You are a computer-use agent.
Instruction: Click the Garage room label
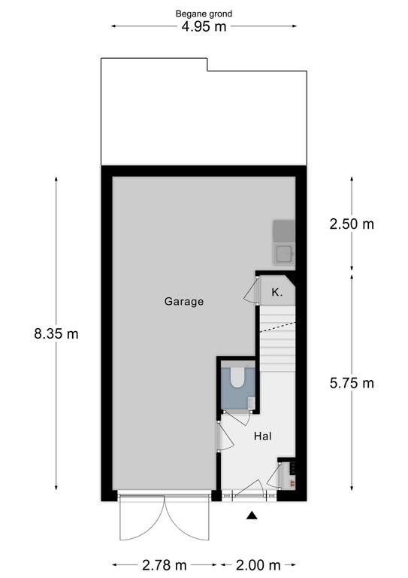coord(184,302)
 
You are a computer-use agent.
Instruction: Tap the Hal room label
coord(263,437)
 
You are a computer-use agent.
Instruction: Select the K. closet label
coord(277,293)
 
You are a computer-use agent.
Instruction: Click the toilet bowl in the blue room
coord(237,377)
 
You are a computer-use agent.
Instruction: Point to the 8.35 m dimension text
coord(56,334)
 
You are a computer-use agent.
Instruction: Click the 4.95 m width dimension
coord(204,26)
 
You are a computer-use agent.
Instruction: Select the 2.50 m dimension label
coord(352,224)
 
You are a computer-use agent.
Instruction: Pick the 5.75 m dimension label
coord(352,383)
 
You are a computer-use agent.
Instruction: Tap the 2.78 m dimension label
coord(165,564)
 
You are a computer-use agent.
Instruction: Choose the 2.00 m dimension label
coord(258,564)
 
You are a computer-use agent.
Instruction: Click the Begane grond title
coord(204,14)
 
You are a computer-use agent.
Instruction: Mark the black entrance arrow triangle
coord(252,516)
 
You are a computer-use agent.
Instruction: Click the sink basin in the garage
coord(284,254)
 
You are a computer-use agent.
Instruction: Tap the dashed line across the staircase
coord(278,327)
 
